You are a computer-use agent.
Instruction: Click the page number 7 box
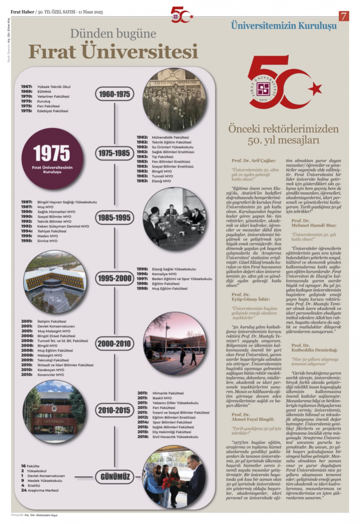pos(344,15)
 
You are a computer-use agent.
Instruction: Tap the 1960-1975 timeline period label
pos(114,94)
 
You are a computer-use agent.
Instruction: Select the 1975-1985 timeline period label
pos(114,153)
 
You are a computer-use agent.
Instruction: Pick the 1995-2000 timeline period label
pos(114,278)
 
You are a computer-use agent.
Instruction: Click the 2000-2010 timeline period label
pos(114,344)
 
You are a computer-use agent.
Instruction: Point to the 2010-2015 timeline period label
pos(114,411)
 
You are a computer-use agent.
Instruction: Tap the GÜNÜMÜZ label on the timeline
pos(114,477)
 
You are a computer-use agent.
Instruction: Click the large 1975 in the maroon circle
pos(52,153)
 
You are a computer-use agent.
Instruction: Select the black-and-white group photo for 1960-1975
pos(174,100)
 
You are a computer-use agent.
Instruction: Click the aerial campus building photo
pos(55,281)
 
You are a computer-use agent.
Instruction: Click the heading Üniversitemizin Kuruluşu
pos(284,26)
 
